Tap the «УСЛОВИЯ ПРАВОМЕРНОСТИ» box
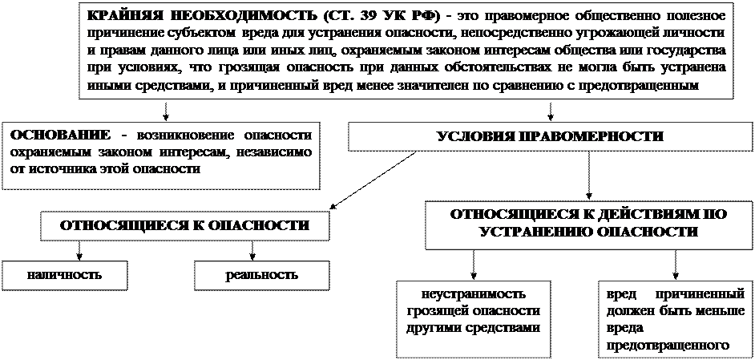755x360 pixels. click(550, 137)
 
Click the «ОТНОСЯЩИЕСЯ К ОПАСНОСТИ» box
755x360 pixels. click(184, 225)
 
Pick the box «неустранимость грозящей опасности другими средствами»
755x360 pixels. click(473, 318)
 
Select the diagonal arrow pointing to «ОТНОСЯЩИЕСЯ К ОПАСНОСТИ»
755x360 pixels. click(373, 180)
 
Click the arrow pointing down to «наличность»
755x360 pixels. click(79, 250)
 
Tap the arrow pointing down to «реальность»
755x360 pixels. click(252, 250)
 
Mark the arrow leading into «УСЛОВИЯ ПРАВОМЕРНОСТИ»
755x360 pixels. click(551, 111)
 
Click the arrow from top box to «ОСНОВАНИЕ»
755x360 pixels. click(166, 111)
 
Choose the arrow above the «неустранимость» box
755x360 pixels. click(474, 265)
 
